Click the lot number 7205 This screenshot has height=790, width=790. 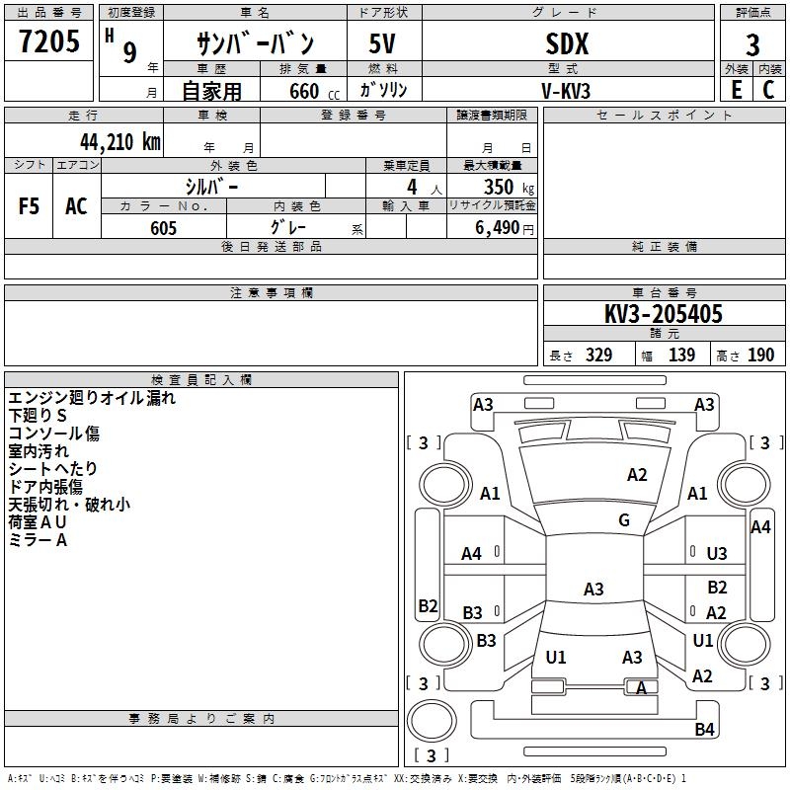point(49,44)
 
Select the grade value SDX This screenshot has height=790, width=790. point(567,44)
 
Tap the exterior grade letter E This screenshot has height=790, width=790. point(736,89)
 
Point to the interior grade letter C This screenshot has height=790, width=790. point(768,89)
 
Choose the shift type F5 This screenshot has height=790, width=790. point(29,205)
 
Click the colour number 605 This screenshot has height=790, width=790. point(163,228)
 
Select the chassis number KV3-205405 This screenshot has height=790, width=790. point(664,315)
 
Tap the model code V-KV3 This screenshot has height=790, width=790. point(567,90)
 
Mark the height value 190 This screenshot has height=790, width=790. point(760,355)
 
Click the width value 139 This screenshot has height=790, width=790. point(681,355)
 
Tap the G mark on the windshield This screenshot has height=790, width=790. point(624,520)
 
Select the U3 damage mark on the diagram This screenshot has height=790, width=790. point(717,554)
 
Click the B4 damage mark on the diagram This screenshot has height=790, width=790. point(704,730)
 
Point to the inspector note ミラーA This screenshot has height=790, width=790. point(39,540)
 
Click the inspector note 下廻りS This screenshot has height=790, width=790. point(38,416)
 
